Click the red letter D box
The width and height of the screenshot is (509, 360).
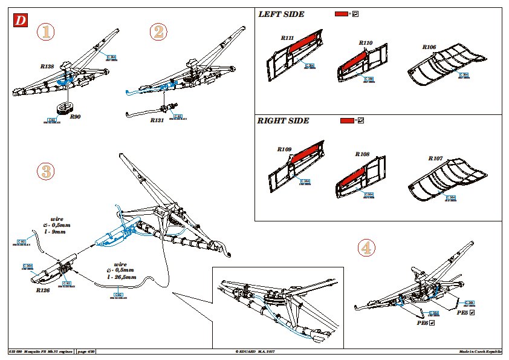pyautogui.click(x=21, y=20)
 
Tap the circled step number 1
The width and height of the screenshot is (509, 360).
pyautogui.click(x=45, y=33)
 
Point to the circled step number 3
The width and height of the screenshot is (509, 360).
pyautogui.click(x=45, y=171)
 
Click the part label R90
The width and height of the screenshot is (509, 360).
pyautogui.click(x=75, y=116)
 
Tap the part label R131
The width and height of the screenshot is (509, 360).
pyautogui.click(x=158, y=120)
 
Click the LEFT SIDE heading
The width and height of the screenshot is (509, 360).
pyautogui.click(x=281, y=14)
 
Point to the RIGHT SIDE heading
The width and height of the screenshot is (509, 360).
pyautogui.click(x=283, y=120)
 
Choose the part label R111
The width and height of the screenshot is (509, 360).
pyautogui.click(x=287, y=38)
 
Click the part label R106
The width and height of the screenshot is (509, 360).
pyautogui.click(x=429, y=47)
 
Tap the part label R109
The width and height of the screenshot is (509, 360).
pyautogui.click(x=284, y=149)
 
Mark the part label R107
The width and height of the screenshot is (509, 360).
pyautogui.click(x=435, y=159)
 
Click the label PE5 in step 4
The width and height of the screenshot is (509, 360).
pyautogui.click(x=462, y=313)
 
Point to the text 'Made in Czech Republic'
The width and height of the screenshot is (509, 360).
pyautogui.click(x=480, y=352)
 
